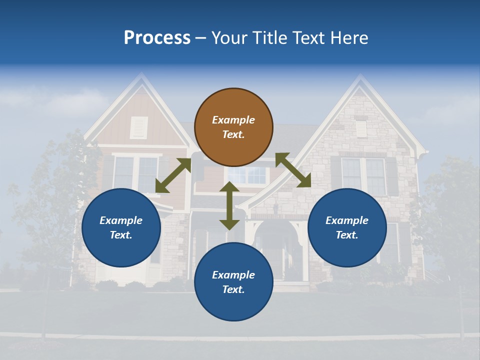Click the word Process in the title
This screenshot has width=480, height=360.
(157, 38)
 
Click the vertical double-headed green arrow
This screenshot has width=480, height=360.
(229, 206)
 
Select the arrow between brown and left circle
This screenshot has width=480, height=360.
(173, 175)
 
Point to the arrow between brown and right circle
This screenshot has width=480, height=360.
(293, 170)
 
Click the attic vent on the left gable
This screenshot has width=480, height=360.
(139, 127)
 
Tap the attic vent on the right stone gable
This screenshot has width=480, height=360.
(360, 128)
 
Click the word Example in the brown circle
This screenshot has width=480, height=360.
(233, 120)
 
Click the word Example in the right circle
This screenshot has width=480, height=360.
(347, 220)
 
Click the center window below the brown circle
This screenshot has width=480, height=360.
(247, 175)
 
